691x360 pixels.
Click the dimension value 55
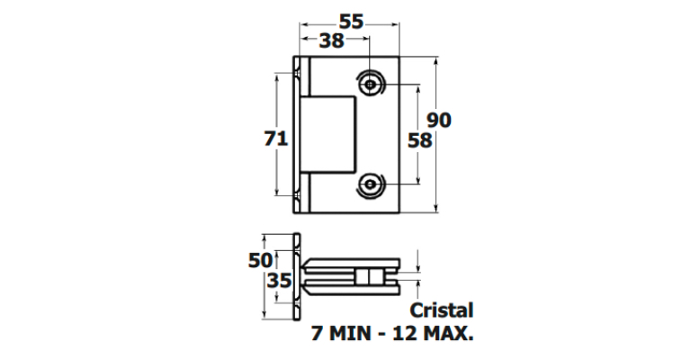(351, 22)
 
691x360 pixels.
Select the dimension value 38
(331, 40)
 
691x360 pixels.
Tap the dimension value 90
(439, 120)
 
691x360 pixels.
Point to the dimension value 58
(419, 140)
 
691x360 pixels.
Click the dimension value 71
(276, 139)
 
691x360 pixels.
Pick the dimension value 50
(260, 260)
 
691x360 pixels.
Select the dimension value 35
(280, 280)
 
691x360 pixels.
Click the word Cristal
(442, 310)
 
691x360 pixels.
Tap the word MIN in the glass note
(350, 333)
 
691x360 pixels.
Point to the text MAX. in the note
(448, 333)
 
